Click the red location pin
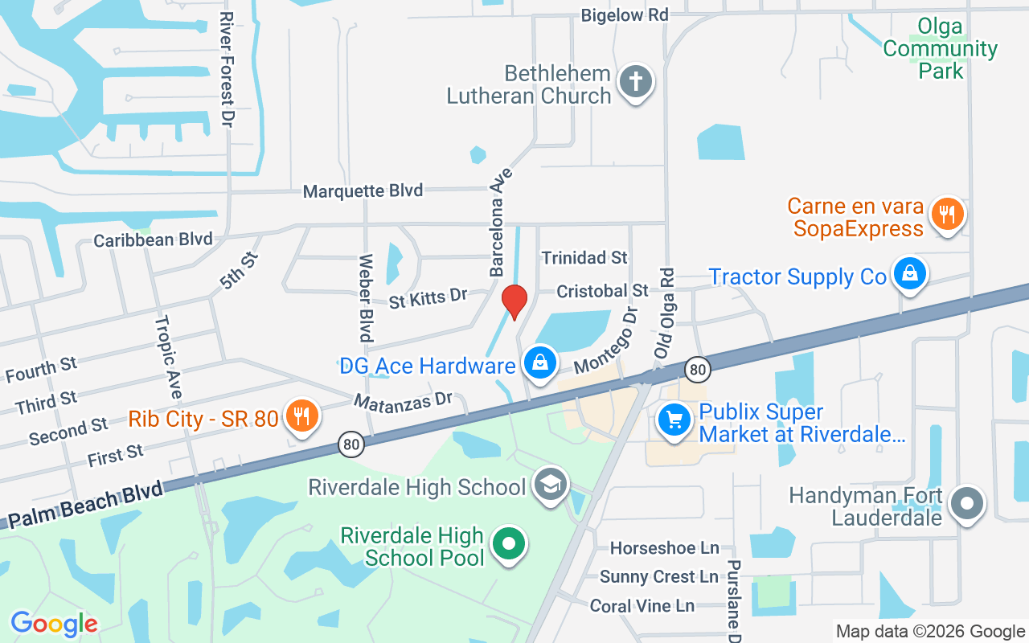pos(514,301)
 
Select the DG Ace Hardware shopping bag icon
pos(541,363)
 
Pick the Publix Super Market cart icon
pos(674,419)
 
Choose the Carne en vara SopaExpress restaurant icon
pos(948,213)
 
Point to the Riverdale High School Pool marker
pos(508,544)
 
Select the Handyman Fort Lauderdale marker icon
pos(967,505)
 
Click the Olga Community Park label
pos(940,48)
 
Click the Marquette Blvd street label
pos(363,191)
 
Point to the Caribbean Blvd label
pos(153,240)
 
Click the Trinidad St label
pos(584,257)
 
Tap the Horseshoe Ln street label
pos(664,548)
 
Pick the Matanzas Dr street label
pos(404,400)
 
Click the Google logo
pos(54,623)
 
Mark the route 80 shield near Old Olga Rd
pos(698,369)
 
